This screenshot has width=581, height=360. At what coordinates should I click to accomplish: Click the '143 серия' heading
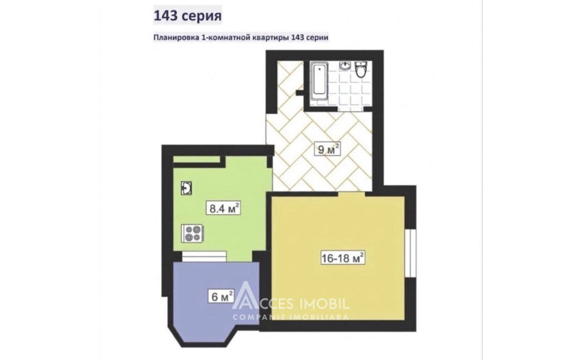[188, 15]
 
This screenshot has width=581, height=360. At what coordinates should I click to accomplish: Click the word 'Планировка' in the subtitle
[176, 38]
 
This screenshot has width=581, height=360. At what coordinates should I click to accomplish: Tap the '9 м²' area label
[327, 149]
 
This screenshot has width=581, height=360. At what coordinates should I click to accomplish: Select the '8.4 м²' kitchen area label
[223, 208]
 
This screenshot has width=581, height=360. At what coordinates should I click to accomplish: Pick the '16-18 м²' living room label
[343, 257]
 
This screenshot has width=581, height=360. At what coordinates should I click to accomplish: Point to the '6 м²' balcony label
[221, 296]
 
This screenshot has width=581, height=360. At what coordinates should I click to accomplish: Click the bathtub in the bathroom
[319, 81]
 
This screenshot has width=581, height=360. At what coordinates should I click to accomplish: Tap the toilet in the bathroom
[361, 69]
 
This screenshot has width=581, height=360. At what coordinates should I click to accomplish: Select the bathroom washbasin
[345, 66]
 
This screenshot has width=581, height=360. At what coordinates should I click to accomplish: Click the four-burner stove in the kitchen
[192, 233]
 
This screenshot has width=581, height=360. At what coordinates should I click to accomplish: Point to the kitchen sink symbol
[187, 188]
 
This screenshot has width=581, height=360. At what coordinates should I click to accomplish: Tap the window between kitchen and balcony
[204, 256]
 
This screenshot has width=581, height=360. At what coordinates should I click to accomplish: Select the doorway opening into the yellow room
[351, 194]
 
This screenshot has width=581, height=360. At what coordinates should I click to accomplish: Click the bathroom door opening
[350, 109]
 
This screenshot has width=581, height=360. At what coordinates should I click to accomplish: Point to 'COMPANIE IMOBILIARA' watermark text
[290, 317]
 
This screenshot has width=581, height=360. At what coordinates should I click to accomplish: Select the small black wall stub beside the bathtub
[300, 93]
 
